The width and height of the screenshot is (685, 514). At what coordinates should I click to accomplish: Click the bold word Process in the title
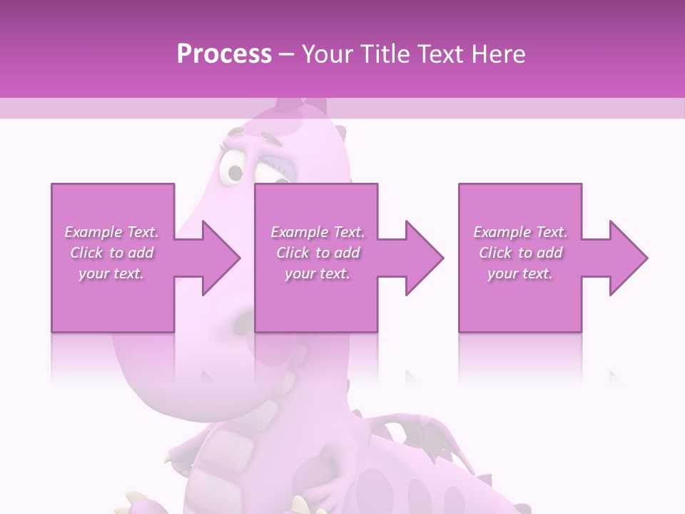pos(224,54)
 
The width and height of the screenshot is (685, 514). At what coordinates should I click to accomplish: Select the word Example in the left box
pos(92,232)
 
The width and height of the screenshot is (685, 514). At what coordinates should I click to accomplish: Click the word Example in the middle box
pos(298,232)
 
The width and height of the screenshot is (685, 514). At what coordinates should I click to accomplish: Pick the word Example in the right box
pos(501,232)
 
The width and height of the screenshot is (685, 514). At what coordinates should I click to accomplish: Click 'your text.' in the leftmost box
pos(111,273)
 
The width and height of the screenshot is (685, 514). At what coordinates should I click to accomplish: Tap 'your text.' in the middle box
pos(318,273)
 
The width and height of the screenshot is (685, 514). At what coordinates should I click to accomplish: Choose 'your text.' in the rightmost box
pos(520,273)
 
